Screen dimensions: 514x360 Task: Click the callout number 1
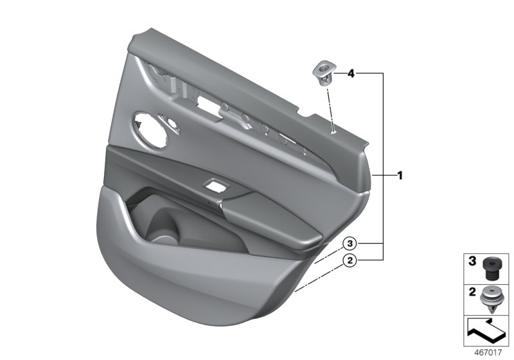click(400, 175)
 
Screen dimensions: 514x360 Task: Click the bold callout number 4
click(351, 74)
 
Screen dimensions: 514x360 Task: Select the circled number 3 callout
click(350, 244)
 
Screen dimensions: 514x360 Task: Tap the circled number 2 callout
click(350, 260)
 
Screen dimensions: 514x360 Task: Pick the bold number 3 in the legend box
click(472, 261)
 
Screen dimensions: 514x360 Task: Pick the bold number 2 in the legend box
click(472, 292)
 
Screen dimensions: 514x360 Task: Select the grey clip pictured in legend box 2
click(491, 298)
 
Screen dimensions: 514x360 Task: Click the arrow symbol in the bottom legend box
click(486, 330)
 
